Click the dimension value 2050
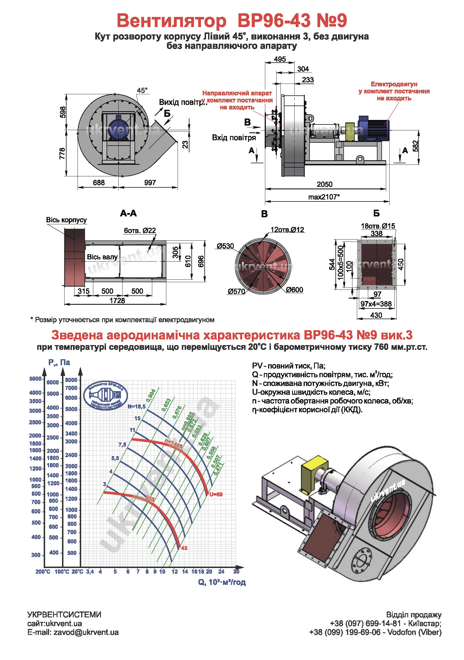[324, 184]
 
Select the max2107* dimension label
[324, 197]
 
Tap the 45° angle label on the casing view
[142, 91]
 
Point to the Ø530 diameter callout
[226, 246]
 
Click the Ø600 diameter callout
[294, 290]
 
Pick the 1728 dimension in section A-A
[117, 301]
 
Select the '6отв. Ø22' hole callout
[140, 231]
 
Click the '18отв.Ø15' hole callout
[378, 226]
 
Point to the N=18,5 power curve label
[137, 406]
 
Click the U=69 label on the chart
[216, 494]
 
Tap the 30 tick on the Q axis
[236, 571]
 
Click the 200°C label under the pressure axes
[43, 572]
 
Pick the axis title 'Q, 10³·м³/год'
[222, 582]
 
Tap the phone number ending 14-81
[365, 624]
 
